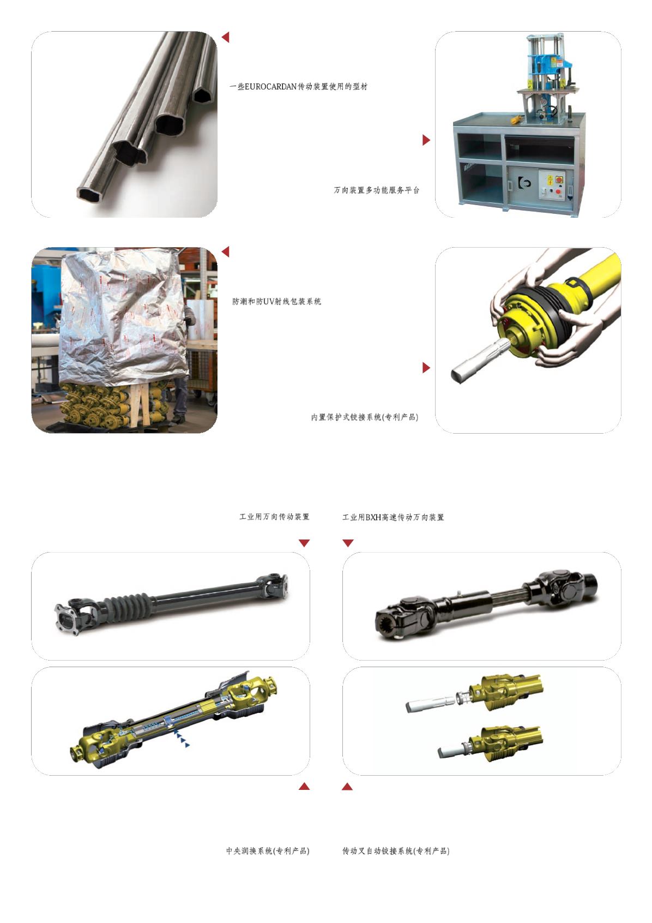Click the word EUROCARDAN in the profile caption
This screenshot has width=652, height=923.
click(x=270, y=87)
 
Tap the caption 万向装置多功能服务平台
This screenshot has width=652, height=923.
click(x=377, y=190)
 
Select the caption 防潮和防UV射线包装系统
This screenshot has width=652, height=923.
click(x=276, y=301)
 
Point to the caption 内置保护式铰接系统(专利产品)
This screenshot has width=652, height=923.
click(x=365, y=417)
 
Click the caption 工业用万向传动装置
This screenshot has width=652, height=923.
click(x=274, y=517)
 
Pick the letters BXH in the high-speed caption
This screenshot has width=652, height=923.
click(x=373, y=517)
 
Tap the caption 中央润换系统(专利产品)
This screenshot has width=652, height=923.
click(x=268, y=850)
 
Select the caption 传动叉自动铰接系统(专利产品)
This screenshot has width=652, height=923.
click(x=396, y=850)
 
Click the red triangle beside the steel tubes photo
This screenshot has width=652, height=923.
click(x=226, y=37)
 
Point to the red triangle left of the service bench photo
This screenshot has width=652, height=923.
click(x=426, y=140)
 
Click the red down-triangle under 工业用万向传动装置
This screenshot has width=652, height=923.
click(x=304, y=543)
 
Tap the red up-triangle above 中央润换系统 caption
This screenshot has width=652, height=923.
click(x=304, y=786)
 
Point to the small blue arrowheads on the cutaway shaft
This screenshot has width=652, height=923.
click(x=182, y=739)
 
